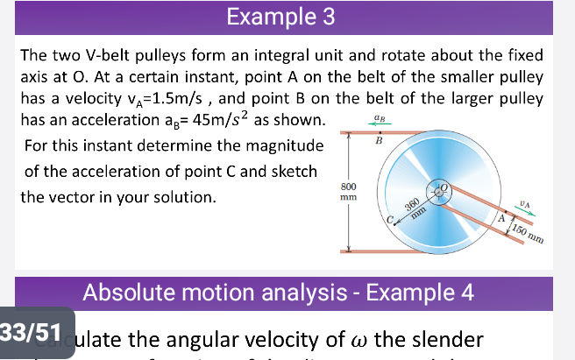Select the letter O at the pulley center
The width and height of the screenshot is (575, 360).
tap(445, 185)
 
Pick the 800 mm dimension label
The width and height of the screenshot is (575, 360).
tap(347, 192)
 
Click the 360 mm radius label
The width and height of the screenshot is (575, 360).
tap(415, 208)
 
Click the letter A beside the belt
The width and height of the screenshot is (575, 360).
tap(501, 220)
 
